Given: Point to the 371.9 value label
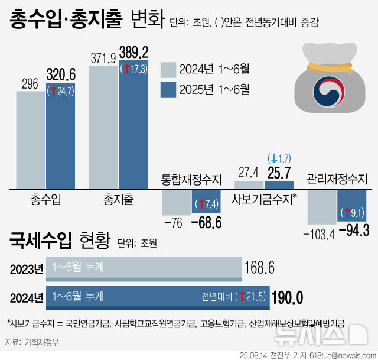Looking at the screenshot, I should pos(103,57).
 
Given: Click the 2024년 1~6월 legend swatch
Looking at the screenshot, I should pos(168,69).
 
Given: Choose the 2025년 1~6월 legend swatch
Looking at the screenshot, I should pos(168,90).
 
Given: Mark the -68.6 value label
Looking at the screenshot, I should pos(206,223).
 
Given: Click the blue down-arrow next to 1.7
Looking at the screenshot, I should pos(273,158).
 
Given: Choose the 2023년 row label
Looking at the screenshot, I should pos(27,269).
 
